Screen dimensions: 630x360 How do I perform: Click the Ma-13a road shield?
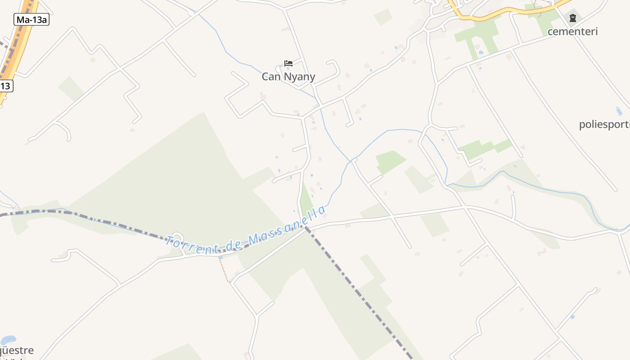(x=31, y=19)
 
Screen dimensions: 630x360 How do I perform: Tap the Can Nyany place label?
(x=288, y=76)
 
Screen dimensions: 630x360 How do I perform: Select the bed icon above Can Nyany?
(x=288, y=63)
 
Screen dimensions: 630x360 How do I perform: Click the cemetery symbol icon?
(x=572, y=18)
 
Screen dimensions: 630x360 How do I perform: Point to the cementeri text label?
(x=572, y=31)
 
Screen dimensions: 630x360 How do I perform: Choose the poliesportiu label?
(x=604, y=125)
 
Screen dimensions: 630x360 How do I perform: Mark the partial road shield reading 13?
(x=6, y=85)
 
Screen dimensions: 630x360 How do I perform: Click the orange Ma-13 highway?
(x=18, y=49)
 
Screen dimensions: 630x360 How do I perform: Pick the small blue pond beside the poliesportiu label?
(x=619, y=111)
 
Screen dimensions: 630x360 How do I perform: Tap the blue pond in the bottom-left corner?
(x=8, y=340)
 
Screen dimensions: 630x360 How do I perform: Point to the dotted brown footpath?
(x=224, y=270)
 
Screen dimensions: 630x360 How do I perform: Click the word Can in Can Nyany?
(x=271, y=76)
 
